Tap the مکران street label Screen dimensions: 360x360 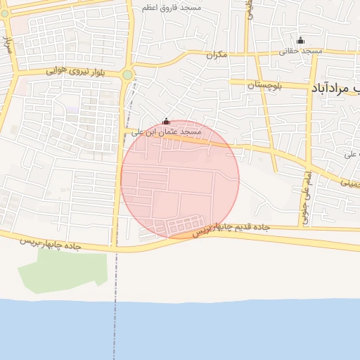(218, 54)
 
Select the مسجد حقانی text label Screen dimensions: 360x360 (301, 51)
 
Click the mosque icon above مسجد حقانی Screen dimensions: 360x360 (301, 41)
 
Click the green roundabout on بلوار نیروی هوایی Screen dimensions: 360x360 (127, 75)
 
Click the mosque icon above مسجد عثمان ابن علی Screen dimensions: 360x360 (166, 121)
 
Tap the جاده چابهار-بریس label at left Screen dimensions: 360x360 (50, 243)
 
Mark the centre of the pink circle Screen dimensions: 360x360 (180, 179)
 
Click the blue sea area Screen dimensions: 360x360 (211, 330)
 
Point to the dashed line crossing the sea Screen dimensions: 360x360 (113, 330)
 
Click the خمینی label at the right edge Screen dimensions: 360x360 (348, 181)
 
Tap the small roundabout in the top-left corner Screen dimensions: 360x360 (6, 15)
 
